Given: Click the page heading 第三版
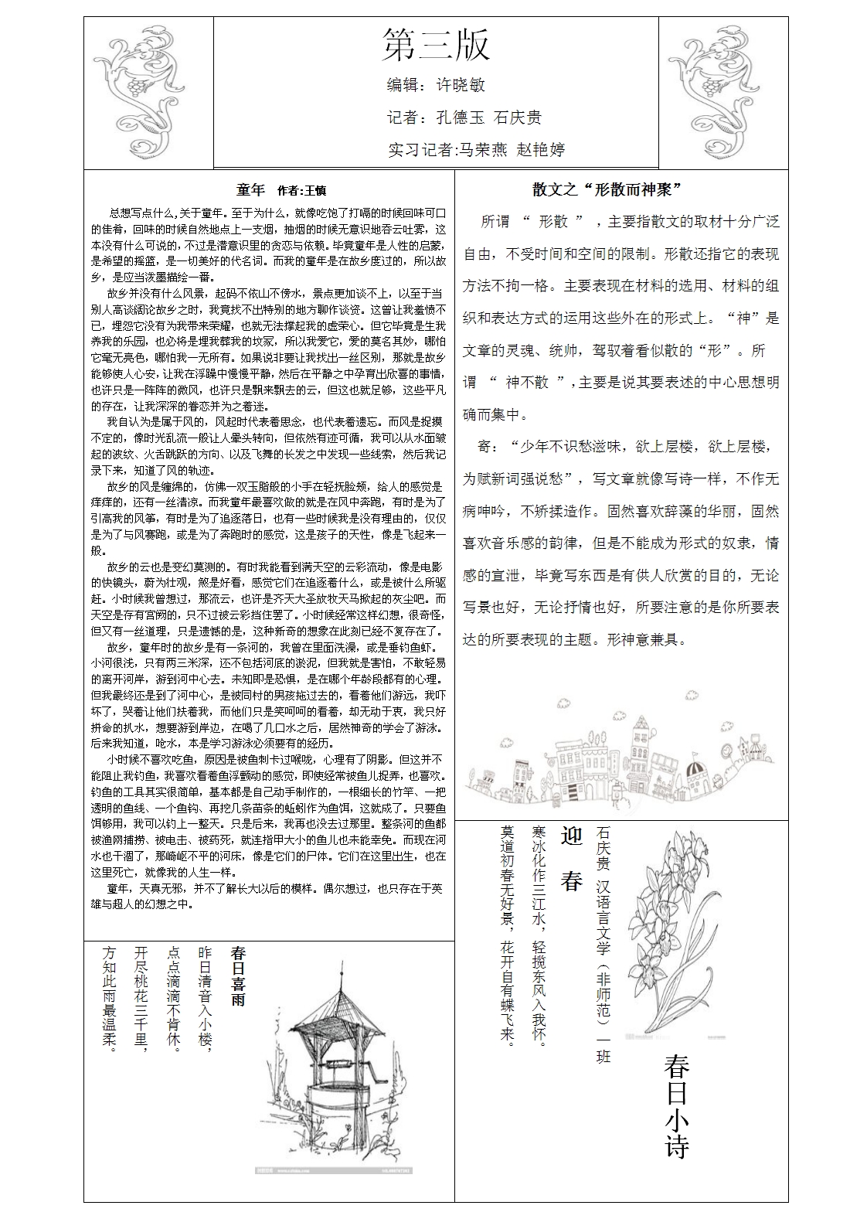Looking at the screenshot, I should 436,45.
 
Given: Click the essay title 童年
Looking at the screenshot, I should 250,190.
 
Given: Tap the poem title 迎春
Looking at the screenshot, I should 571,859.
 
